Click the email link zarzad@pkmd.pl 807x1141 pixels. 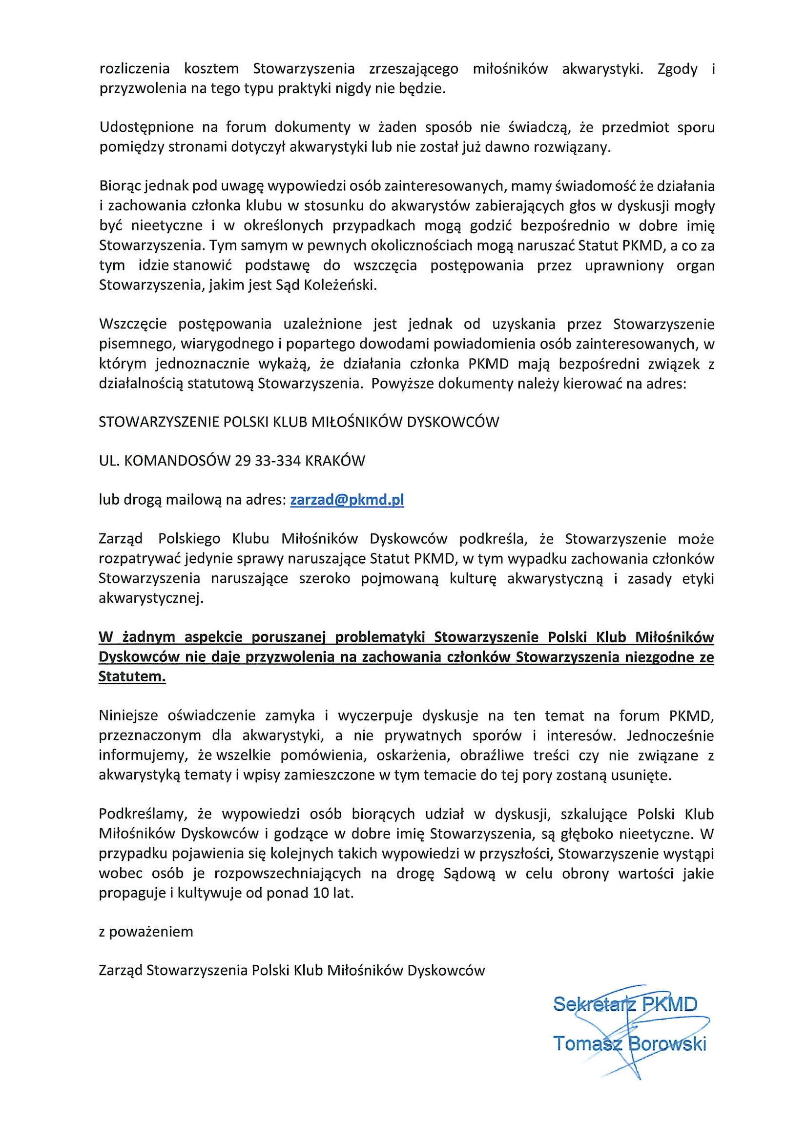coord(347,500)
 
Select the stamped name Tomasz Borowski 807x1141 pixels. coord(629,1043)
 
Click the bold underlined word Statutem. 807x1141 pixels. coord(132,677)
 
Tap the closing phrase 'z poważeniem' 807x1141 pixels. coord(145,931)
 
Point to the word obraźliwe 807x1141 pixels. coord(492,755)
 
